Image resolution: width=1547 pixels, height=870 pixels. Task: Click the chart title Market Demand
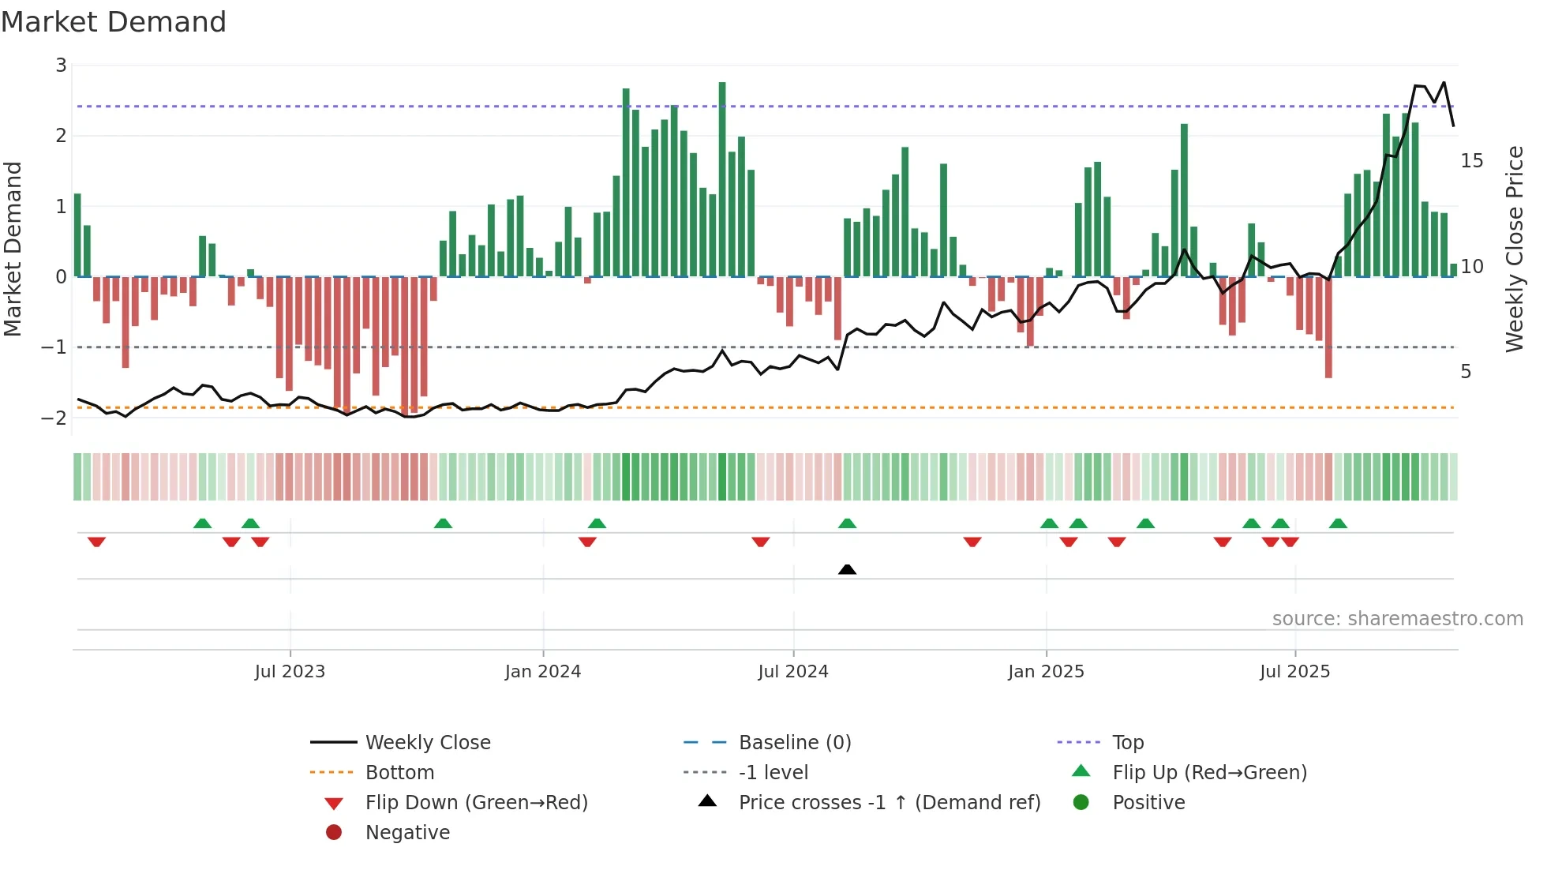(114, 22)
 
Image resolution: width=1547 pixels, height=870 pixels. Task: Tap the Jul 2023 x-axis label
(290, 672)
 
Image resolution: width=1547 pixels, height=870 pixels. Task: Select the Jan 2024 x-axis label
(543, 672)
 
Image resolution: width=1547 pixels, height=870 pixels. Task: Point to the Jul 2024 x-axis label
(793, 672)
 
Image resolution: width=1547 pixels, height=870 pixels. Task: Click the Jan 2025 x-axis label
(1046, 672)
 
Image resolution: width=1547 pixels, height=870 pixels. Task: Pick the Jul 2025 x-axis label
(1294, 672)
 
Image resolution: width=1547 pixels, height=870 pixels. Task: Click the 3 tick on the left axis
(61, 66)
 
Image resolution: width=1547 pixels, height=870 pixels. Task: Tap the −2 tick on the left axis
(54, 418)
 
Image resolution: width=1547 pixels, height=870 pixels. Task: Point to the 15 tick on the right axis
(1471, 161)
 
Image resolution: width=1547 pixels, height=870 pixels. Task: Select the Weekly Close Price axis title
(1514, 249)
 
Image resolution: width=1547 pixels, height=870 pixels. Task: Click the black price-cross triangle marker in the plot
(847, 569)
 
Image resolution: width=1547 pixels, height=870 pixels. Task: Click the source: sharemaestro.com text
(1397, 619)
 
